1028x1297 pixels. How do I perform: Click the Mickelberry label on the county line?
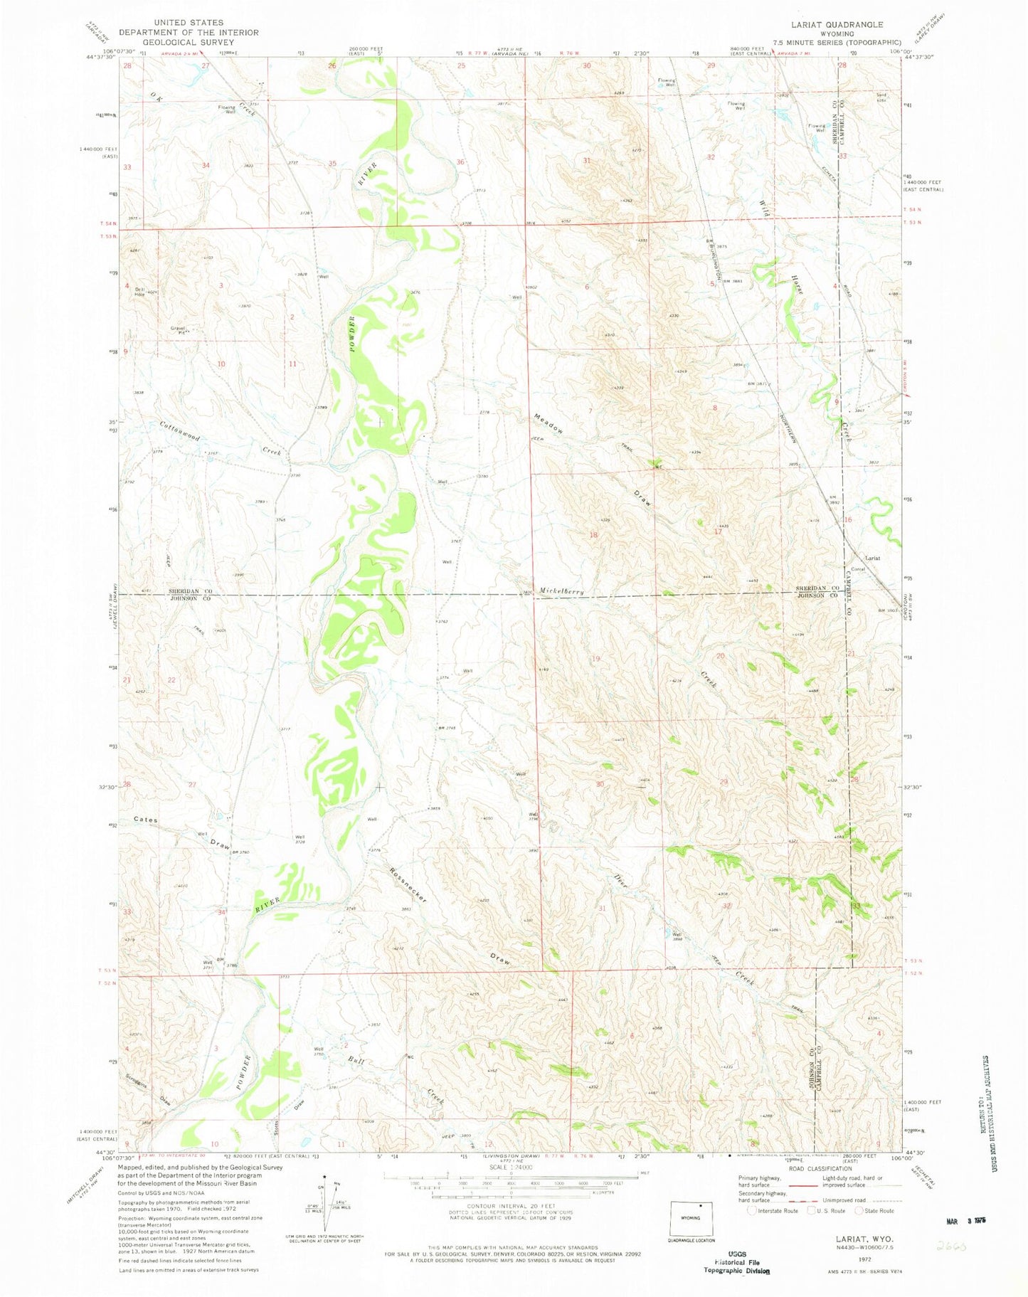point(561,591)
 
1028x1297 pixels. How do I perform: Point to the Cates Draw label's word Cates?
point(146,820)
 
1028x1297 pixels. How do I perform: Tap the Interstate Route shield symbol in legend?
point(753,1210)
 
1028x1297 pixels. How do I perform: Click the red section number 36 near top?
point(460,162)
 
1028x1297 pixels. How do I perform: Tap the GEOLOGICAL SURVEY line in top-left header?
point(188,42)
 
